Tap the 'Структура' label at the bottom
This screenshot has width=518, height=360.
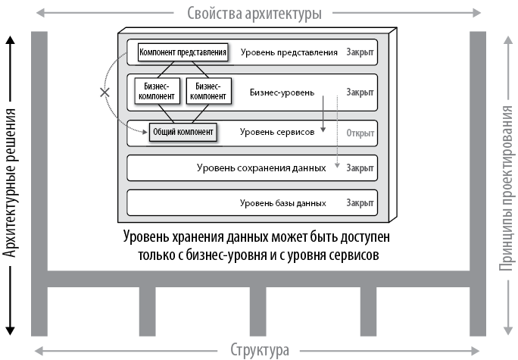pyautogui.click(x=259, y=350)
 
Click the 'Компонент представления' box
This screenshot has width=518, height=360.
pyautogui.click(x=183, y=52)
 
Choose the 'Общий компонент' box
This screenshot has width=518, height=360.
pyautogui.click(x=183, y=132)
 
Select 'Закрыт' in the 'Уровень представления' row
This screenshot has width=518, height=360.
pyautogui.click(x=360, y=52)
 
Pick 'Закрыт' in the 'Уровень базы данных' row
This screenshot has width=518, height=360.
pyautogui.click(x=360, y=203)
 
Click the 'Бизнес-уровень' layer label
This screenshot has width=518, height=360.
pyautogui.click(x=281, y=92)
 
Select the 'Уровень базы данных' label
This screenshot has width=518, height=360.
pyautogui.click(x=282, y=203)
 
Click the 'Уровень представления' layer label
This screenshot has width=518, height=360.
pyautogui.click(x=289, y=52)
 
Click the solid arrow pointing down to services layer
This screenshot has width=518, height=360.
pyautogui.click(x=323, y=114)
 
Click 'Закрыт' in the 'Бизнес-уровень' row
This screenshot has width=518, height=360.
pyautogui.click(x=360, y=92)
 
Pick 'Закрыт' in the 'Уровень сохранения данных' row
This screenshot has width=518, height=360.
pyautogui.click(x=360, y=167)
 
